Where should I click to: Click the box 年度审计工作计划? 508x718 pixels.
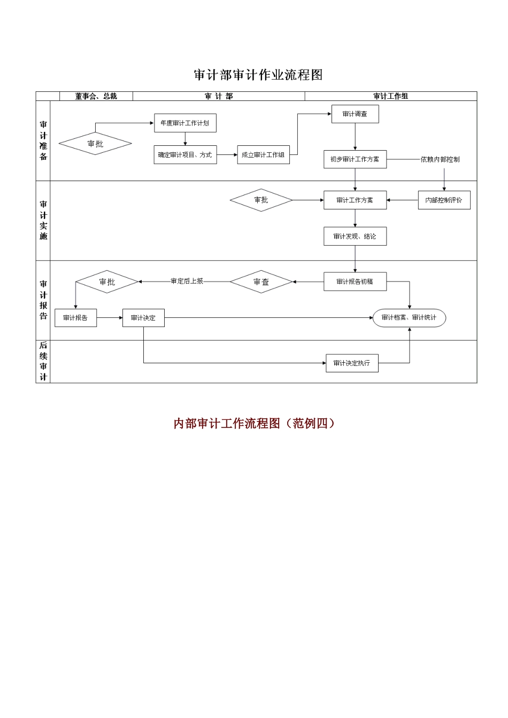(x=185, y=123)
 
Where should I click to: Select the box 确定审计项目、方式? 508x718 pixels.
(x=185, y=155)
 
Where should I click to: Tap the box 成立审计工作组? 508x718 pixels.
(x=263, y=155)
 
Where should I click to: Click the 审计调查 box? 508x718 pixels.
(x=355, y=114)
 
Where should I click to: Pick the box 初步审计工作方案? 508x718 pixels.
(x=355, y=159)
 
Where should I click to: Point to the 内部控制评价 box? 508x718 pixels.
(x=444, y=200)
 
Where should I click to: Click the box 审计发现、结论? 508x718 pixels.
(x=355, y=236)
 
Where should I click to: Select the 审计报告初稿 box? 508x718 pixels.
(x=355, y=282)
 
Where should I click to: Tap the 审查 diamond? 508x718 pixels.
(x=261, y=282)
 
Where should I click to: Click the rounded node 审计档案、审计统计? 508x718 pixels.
(x=409, y=318)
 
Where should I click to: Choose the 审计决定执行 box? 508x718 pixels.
(x=352, y=363)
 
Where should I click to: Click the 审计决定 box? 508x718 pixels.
(x=143, y=318)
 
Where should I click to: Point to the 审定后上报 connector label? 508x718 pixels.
(x=187, y=281)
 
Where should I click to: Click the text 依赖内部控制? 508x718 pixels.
(x=440, y=159)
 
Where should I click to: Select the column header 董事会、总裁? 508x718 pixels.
(x=96, y=96)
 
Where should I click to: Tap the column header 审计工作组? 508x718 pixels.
(x=390, y=96)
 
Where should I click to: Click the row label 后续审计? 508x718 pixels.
(x=43, y=361)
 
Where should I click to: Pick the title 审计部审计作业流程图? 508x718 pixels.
(x=258, y=75)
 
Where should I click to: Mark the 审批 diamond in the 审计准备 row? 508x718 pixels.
(x=95, y=144)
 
